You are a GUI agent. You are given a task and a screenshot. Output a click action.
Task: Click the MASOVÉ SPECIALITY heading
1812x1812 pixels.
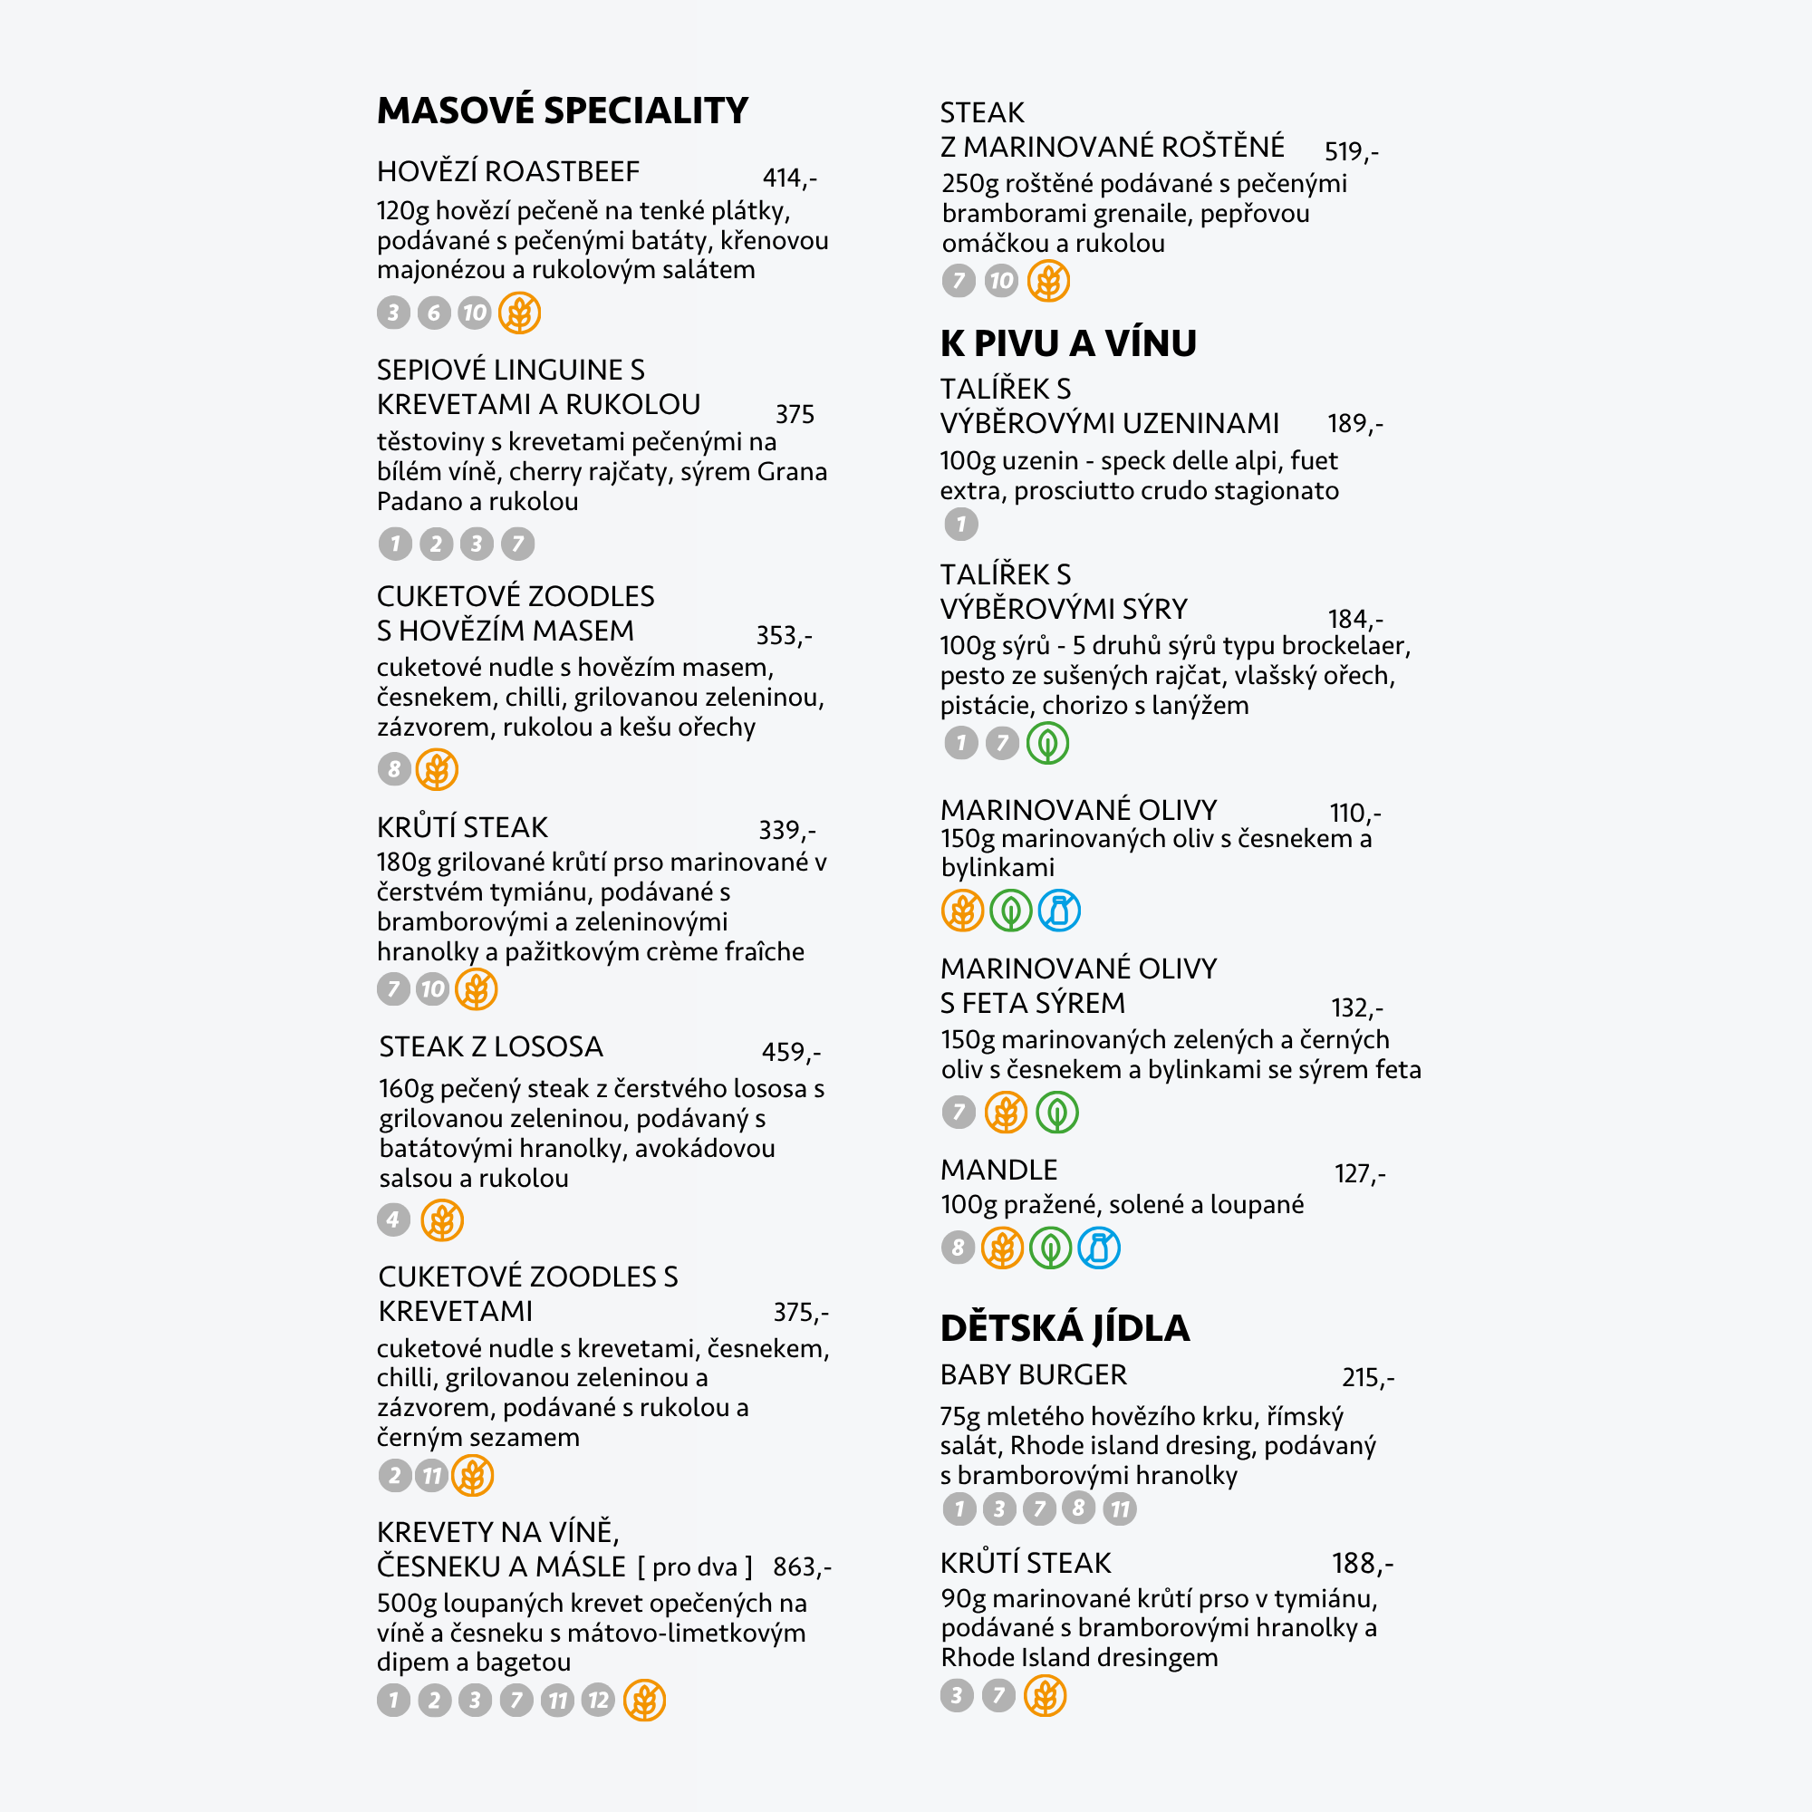click(x=562, y=111)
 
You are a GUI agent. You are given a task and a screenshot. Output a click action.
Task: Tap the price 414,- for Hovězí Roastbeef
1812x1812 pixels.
click(x=789, y=178)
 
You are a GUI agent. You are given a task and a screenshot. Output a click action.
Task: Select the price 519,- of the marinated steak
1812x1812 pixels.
click(x=1351, y=151)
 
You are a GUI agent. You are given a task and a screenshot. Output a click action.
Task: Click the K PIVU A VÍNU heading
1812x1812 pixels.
click(x=1067, y=343)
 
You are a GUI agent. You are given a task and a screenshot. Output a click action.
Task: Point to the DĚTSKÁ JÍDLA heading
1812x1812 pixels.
click(x=1065, y=1328)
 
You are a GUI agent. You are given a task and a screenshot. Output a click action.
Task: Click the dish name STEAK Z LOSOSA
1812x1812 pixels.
click(x=490, y=1046)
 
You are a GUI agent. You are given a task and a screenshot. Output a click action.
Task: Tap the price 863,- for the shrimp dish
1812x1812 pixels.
click(x=801, y=1567)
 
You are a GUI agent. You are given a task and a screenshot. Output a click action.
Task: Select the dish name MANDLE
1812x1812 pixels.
click(x=998, y=1170)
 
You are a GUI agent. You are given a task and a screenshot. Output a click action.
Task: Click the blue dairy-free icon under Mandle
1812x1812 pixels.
click(x=1098, y=1248)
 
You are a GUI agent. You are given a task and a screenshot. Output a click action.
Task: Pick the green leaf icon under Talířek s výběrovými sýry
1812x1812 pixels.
click(x=1047, y=744)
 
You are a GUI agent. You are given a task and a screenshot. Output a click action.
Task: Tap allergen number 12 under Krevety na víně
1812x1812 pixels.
click(x=598, y=1701)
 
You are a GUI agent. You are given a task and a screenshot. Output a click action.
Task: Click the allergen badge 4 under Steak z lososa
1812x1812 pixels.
click(x=394, y=1219)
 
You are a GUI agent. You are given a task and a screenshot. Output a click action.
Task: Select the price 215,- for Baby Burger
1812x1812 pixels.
click(x=1367, y=1377)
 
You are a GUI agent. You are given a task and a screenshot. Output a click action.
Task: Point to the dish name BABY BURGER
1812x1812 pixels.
click(x=1033, y=1375)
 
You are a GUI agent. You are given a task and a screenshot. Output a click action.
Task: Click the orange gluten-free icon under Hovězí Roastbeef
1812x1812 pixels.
click(x=519, y=313)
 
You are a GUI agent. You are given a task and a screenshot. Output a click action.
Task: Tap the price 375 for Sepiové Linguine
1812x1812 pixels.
click(x=795, y=414)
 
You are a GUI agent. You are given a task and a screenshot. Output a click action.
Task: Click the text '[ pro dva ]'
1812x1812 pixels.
click(x=695, y=1567)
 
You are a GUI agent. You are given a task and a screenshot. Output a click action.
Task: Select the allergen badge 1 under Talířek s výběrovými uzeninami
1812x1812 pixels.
click(x=960, y=525)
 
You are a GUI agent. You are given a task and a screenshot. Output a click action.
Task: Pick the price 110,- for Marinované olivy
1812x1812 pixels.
click(x=1354, y=812)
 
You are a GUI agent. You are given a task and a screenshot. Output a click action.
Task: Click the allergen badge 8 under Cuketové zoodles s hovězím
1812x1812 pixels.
click(x=394, y=770)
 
